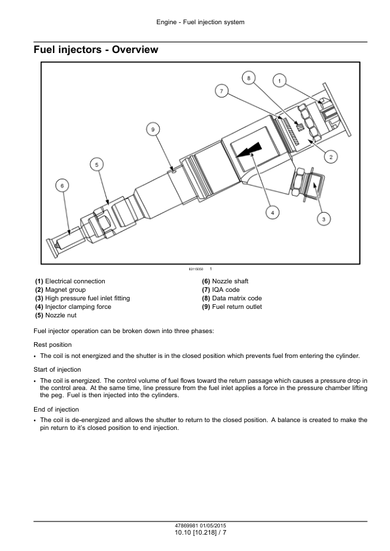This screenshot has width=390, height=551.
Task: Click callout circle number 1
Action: click(x=279, y=81)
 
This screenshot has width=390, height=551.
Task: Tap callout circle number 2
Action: click(x=330, y=156)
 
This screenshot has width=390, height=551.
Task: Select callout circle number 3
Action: click(x=324, y=219)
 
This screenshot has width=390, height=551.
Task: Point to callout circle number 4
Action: click(x=272, y=212)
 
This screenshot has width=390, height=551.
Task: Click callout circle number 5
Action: click(x=97, y=164)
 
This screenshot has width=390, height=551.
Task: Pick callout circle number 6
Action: click(x=62, y=186)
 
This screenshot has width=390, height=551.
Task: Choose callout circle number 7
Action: click(x=221, y=92)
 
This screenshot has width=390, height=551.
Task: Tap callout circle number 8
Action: click(x=249, y=78)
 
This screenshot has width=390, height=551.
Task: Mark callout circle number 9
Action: click(x=153, y=130)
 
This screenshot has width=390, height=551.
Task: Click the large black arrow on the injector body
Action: click(x=249, y=150)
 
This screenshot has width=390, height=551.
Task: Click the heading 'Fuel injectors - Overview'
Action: click(x=96, y=50)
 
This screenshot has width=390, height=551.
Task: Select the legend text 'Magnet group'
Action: click(x=65, y=289)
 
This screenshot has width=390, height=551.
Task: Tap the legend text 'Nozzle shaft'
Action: click(x=230, y=281)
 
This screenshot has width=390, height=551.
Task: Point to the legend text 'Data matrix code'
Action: click(x=237, y=298)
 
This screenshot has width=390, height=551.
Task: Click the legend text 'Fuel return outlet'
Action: click(x=237, y=306)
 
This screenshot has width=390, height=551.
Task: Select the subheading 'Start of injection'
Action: click(x=58, y=369)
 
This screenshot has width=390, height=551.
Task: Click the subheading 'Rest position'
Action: click(x=53, y=345)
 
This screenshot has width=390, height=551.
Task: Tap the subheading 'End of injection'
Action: click(x=56, y=410)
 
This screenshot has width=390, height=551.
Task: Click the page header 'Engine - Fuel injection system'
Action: click(x=200, y=22)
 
